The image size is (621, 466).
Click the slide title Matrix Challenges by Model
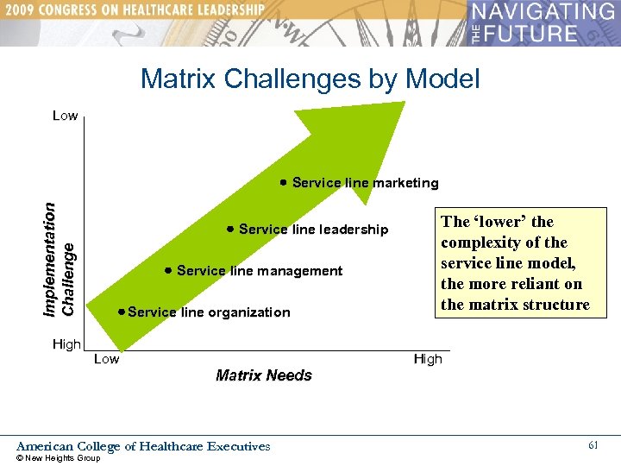click(310, 79)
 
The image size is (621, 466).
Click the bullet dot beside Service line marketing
click(283, 182)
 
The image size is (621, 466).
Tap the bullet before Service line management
click(167, 270)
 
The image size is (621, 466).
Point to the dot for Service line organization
click(122, 312)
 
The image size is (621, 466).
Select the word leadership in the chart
click(354, 230)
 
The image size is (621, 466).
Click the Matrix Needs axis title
click(263, 375)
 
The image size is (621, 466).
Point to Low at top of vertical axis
click(65, 116)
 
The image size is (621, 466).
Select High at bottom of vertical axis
click(66, 344)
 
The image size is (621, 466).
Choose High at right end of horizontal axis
click(427, 359)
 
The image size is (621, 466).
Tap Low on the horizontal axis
click(106, 359)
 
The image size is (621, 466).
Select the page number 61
click(593, 445)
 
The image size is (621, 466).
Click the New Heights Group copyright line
click(59, 458)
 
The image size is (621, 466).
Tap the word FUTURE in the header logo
click(534, 34)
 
